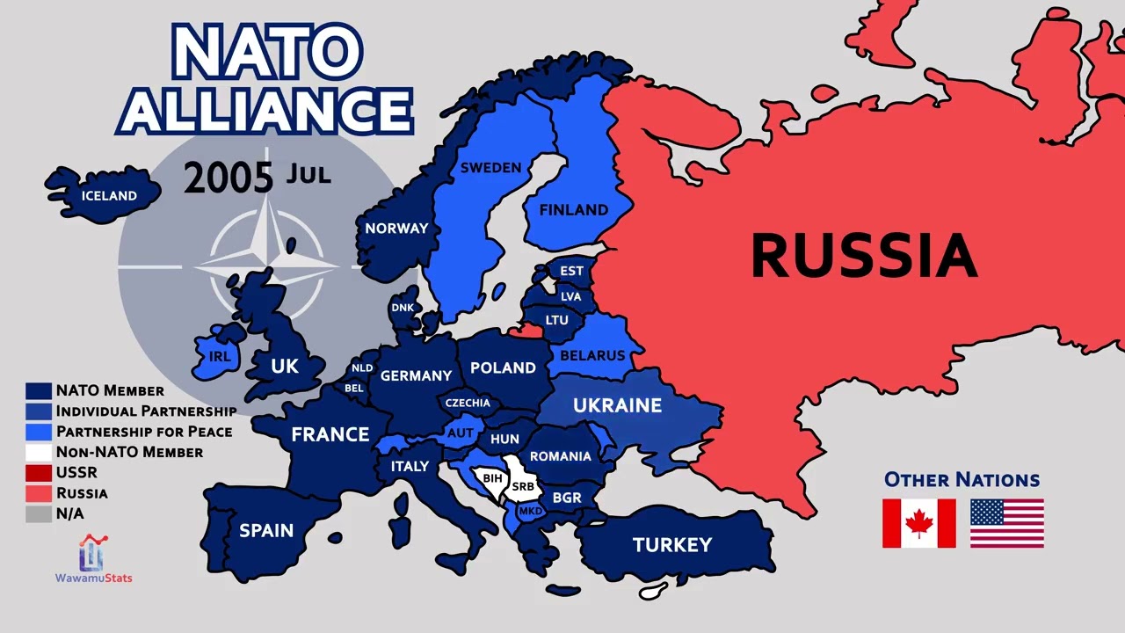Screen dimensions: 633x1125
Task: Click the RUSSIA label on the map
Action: [x=864, y=255]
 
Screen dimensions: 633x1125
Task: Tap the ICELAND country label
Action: [x=109, y=195]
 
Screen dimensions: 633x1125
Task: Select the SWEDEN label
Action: [x=490, y=167]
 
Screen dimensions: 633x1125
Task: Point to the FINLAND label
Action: [x=573, y=209]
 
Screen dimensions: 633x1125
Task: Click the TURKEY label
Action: [x=672, y=545]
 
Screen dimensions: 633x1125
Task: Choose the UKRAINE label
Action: [x=617, y=405]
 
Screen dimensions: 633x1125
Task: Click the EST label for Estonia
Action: [x=571, y=271]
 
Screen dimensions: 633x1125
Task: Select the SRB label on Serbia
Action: [x=522, y=486]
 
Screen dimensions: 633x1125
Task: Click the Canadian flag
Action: [x=918, y=523]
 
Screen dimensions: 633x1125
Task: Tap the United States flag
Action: [x=1006, y=523]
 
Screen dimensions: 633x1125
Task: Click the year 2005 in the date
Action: [x=229, y=178]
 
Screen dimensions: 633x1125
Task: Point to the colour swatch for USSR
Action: [x=38, y=473]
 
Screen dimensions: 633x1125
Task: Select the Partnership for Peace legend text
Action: [x=144, y=432]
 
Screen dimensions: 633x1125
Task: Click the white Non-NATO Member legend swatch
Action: [x=38, y=452]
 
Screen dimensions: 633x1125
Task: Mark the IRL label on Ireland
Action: [x=219, y=356]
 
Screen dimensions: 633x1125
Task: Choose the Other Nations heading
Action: [x=962, y=480]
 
